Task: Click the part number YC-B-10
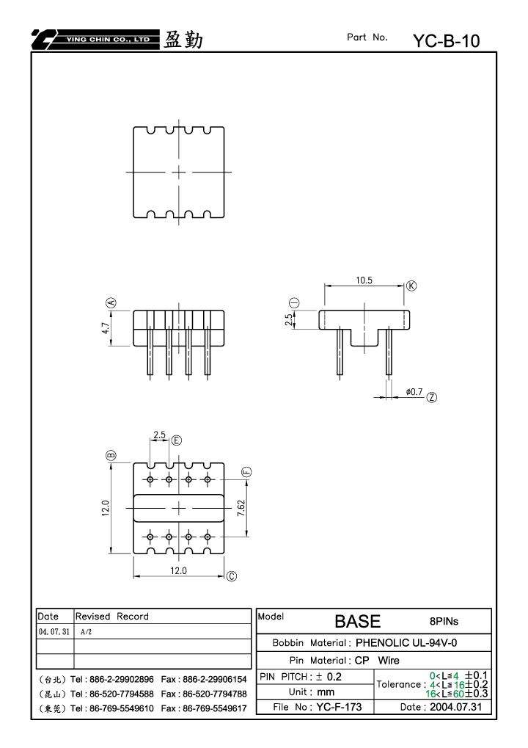point(446,41)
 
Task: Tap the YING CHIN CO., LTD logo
point(95,40)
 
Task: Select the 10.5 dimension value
point(364,280)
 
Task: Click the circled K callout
point(411,286)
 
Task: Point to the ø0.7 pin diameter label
point(414,392)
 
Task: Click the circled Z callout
point(432,397)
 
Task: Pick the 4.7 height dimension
point(106,328)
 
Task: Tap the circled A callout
point(111,303)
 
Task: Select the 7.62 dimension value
point(241,508)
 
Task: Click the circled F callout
point(247,472)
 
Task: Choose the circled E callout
point(176,440)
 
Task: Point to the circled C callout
point(232,576)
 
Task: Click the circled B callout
point(111,455)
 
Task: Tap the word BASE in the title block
point(357,622)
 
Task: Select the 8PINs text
point(444,622)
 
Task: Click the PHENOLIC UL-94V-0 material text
point(406,643)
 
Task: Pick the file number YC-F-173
point(339,707)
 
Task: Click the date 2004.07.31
point(455,707)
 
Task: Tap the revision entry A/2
point(87,632)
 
